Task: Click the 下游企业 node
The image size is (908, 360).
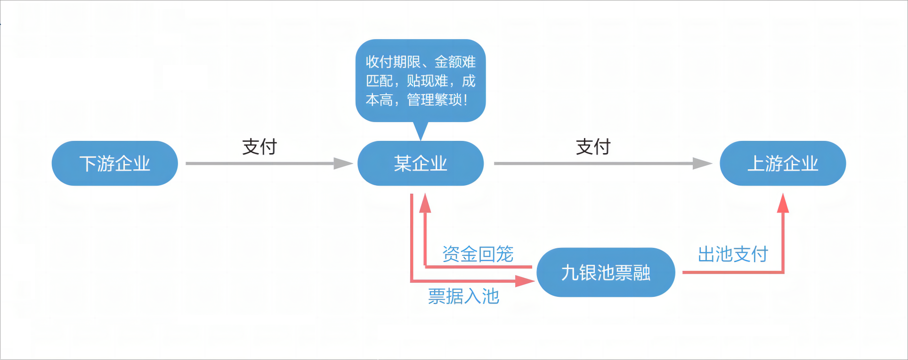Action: click(114, 164)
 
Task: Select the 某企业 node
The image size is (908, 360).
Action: click(421, 164)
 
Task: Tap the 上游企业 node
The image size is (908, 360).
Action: click(783, 164)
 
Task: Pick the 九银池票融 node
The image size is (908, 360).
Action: click(606, 272)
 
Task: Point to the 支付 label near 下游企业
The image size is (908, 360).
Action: click(259, 147)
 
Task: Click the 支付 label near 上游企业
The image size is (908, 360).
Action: click(593, 147)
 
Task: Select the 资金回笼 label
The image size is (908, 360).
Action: click(478, 254)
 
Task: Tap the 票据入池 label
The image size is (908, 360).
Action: click(463, 296)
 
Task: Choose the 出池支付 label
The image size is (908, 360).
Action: click(733, 254)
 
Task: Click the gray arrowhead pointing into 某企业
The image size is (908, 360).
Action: click(344, 164)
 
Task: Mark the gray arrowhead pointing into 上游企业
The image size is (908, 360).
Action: click(703, 164)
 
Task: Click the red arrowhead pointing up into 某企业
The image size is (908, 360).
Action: click(425, 203)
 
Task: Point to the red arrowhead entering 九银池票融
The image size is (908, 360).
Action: click(525, 281)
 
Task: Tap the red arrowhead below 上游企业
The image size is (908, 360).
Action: click(783, 203)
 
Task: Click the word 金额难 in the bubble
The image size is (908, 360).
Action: click(455, 62)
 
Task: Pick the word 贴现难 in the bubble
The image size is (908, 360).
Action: click(427, 81)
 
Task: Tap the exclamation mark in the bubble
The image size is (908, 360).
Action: click(466, 100)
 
